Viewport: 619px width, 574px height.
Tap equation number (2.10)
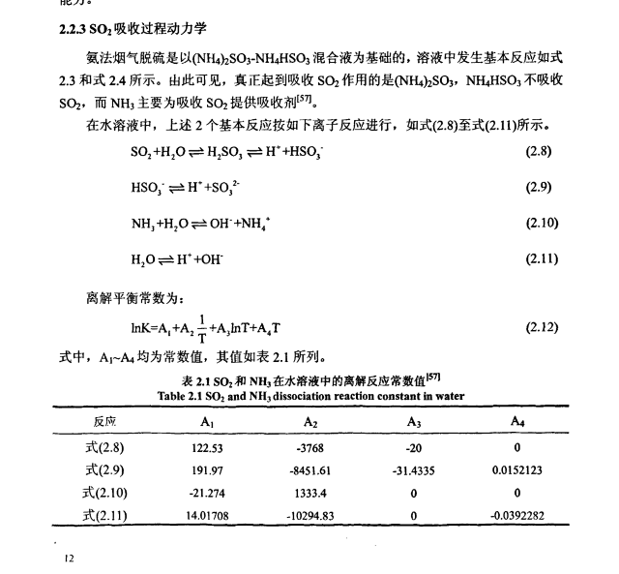542,223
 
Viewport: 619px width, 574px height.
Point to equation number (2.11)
542,258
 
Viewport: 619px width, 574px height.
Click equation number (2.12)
542,327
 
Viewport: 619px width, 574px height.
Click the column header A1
207,422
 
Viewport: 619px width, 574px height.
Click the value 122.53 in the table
207,447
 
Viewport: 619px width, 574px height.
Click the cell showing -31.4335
416,469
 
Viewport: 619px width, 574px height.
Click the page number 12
69,558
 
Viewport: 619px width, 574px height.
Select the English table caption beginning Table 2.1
309,395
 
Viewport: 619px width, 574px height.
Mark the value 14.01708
207,515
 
